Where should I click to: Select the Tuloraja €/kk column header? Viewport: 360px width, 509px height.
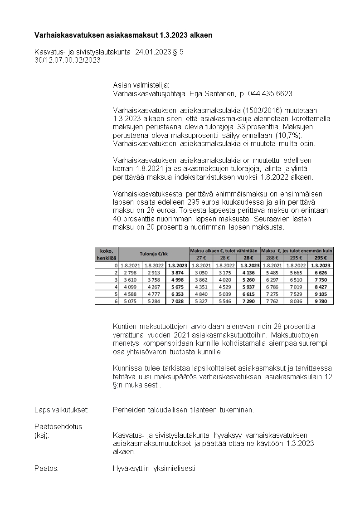(x=154, y=254)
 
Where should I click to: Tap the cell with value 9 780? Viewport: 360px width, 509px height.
(x=321, y=301)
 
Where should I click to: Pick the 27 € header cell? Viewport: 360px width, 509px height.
(x=201, y=258)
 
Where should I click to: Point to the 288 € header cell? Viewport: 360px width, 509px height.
(x=272, y=258)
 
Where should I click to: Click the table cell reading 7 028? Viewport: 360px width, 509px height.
(x=177, y=301)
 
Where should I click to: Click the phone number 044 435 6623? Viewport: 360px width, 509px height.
(x=269, y=93)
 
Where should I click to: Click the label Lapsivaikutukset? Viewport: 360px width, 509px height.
(x=61, y=410)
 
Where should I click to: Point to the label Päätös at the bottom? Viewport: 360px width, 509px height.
(x=47, y=468)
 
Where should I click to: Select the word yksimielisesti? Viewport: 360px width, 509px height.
(x=175, y=468)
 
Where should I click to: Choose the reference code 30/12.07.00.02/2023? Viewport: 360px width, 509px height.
(x=68, y=59)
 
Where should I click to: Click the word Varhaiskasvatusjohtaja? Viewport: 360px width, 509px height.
(x=149, y=93)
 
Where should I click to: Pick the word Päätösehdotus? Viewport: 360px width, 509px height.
(x=58, y=426)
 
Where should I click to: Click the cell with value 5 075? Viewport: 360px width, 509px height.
(x=130, y=301)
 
